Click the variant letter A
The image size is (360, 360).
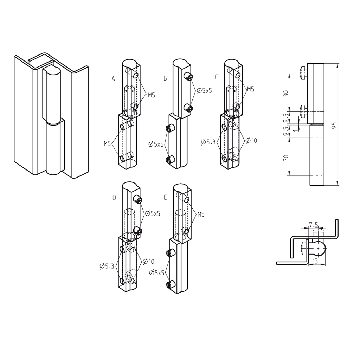pyautogui.click(x=113, y=79)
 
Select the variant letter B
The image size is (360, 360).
pyautogui.click(x=165, y=79)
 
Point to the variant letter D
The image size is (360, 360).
pyautogui.click(x=114, y=198)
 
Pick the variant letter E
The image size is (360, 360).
pyautogui.click(x=165, y=198)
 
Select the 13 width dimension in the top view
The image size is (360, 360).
pyautogui.click(x=315, y=261)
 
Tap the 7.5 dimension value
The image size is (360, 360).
pyautogui.click(x=314, y=224)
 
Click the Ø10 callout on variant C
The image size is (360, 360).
pyautogui.click(x=251, y=141)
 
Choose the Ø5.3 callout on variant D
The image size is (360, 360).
pyautogui.click(x=107, y=266)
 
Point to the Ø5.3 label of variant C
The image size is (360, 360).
pyautogui.click(x=208, y=142)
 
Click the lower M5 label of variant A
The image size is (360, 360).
pyautogui.click(x=108, y=143)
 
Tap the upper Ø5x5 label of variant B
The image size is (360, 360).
pyautogui.click(x=204, y=91)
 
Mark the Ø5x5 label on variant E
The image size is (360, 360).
pyautogui.click(x=156, y=272)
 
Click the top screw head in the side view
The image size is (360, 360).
pyautogui.click(x=302, y=73)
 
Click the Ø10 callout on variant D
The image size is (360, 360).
pyautogui.click(x=148, y=261)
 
